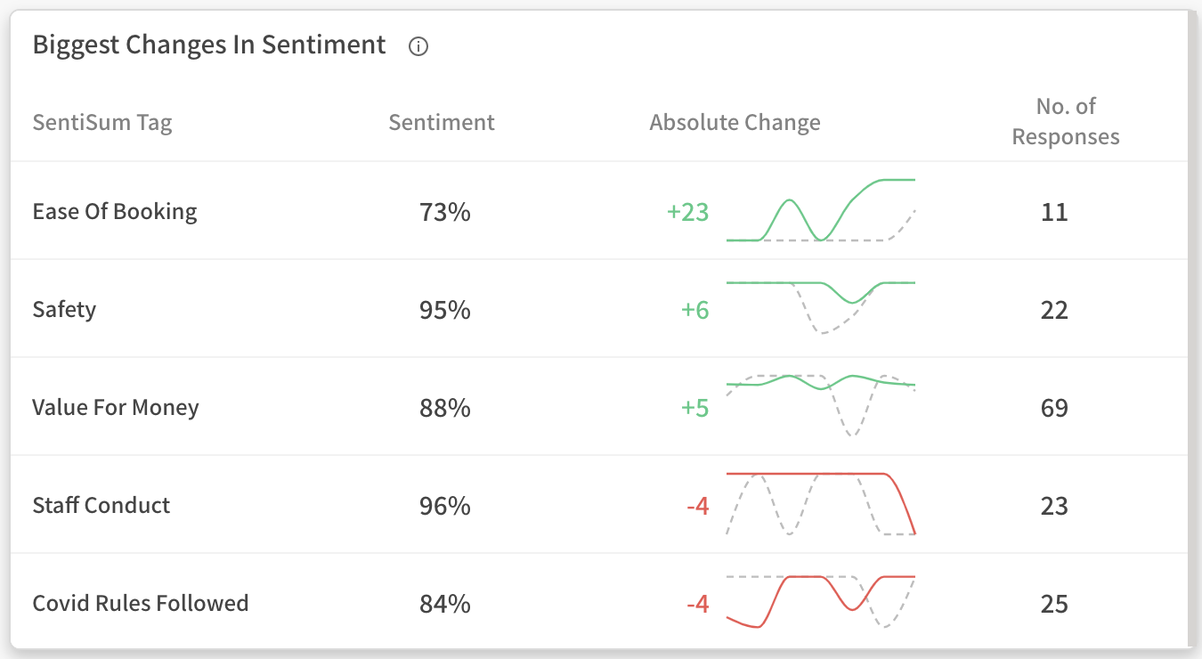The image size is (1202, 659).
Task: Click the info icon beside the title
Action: point(418,47)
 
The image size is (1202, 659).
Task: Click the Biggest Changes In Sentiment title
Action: point(209,45)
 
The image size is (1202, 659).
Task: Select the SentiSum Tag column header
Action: point(102,122)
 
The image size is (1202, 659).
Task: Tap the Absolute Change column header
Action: point(735,122)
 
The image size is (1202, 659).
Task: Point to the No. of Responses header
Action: point(1066,122)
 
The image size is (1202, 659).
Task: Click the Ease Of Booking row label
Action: point(115,212)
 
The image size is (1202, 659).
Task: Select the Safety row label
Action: point(64,310)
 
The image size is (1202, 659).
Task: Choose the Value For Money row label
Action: point(116,408)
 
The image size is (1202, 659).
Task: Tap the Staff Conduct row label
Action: point(102,506)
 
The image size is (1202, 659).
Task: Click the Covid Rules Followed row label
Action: point(141,604)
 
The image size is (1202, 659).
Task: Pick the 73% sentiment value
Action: point(445,213)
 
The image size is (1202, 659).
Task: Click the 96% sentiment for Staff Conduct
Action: point(445,507)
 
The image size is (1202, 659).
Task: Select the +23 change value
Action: point(687,213)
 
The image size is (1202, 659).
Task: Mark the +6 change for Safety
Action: point(694,311)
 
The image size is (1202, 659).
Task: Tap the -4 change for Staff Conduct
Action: point(697,507)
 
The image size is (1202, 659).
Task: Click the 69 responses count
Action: point(1054,409)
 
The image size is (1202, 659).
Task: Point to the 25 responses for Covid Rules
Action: point(1054,605)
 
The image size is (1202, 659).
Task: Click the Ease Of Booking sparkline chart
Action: point(821,211)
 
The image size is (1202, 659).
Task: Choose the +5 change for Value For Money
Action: point(694,409)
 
